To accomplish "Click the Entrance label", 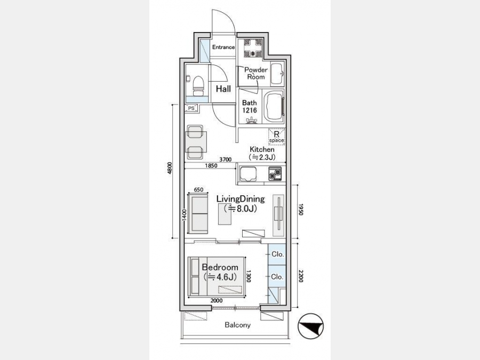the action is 223,47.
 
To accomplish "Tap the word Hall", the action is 223,89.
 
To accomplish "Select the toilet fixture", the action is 198,86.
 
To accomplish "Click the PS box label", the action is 191,108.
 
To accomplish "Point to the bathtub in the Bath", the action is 274,107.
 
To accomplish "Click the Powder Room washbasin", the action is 278,74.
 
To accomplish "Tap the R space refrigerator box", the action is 277,137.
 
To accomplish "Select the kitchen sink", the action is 248,173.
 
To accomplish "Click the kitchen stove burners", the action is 275,173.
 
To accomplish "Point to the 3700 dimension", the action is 225,159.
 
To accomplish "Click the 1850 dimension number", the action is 211,166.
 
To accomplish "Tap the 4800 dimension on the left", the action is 170,168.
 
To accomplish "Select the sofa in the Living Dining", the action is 198,213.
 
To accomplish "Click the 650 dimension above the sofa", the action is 198,190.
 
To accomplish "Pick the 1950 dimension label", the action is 301,210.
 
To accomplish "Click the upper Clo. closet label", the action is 278,254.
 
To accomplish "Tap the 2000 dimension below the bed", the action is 217,301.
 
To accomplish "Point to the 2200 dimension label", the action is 301,276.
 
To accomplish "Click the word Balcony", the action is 237,325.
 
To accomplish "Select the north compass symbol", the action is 311,326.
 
